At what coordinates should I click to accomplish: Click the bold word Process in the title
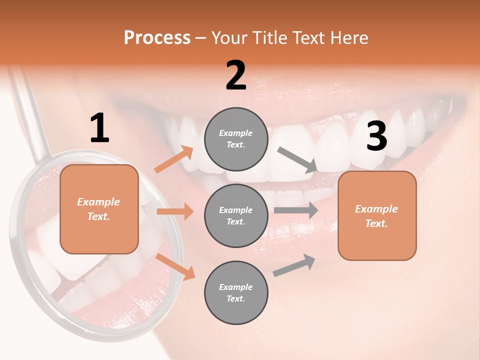click(x=157, y=38)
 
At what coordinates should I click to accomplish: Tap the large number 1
click(x=99, y=128)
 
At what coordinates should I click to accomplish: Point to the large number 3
click(x=376, y=136)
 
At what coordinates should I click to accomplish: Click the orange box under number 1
click(x=99, y=209)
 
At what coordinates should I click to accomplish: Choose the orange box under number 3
click(x=377, y=215)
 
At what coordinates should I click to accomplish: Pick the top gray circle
click(x=236, y=139)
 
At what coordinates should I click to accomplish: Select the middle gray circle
click(x=236, y=215)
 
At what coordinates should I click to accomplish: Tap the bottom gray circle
click(x=236, y=292)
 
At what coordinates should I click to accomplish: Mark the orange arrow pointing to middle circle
click(x=175, y=211)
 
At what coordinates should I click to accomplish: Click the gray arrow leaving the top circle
click(x=297, y=159)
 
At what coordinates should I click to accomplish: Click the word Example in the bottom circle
click(x=236, y=287)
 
